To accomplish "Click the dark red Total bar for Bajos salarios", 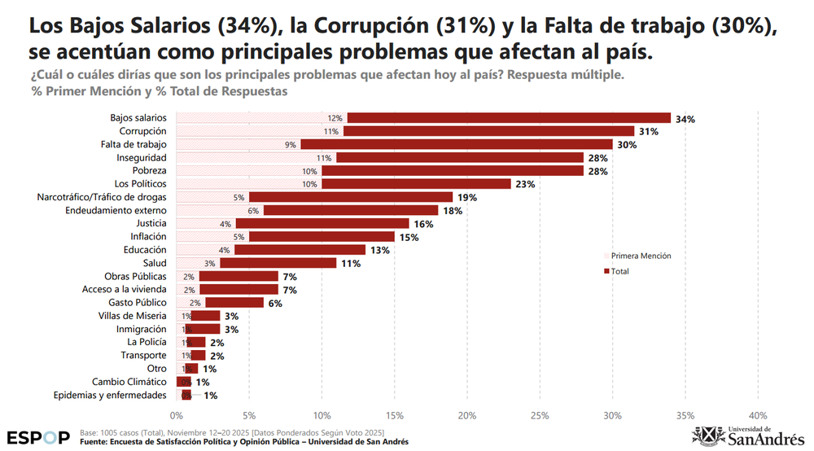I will point(509,118).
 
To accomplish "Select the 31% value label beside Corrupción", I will point(648,131).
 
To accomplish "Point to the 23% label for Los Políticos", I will point(524,184).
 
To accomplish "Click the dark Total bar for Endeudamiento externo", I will point(351,210).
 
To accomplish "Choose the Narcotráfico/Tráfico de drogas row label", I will point(102,197).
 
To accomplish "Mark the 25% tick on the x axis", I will point(540,415).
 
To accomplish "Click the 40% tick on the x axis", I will point(758,415).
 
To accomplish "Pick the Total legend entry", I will point(619,271).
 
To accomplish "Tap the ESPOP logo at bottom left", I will point(38,437).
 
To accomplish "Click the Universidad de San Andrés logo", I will point(748,436).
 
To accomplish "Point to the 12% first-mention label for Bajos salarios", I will point(335,118).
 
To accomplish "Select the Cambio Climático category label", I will point(129,382).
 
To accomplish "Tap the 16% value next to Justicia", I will point(422,224).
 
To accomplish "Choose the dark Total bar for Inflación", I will point(322,237).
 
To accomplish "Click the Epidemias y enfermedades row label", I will point(110,395).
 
